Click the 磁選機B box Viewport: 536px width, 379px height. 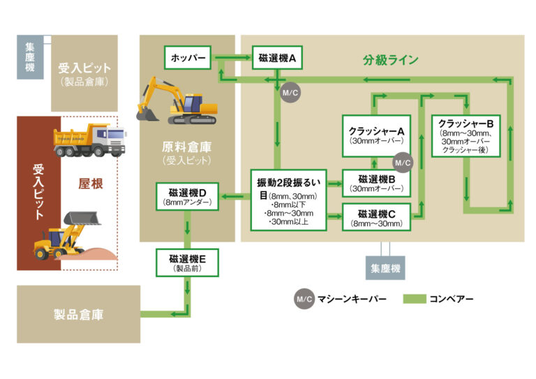tap(376, 183)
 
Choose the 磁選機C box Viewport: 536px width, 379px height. tap(376, 218)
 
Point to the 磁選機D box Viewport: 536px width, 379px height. tap(187, 196)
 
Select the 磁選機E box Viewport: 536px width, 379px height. tap(187, 262)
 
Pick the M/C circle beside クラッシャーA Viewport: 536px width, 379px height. tap(402, 163)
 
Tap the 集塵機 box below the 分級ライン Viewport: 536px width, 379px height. tap(385, 267)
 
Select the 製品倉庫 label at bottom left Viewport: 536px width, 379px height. tap(78, 315)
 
